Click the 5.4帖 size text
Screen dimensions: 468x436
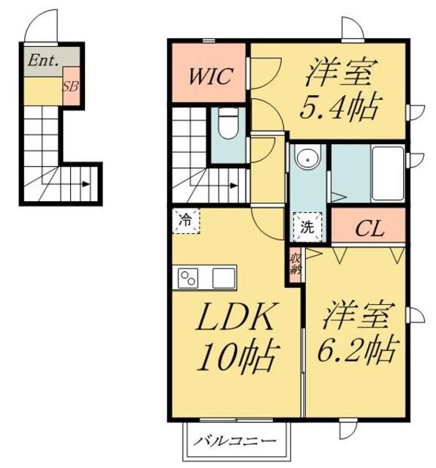pos(340,109)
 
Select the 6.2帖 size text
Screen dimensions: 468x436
pos(358,350)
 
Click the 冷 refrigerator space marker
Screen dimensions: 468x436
pos(187,219)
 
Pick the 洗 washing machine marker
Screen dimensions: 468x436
pos(307,226)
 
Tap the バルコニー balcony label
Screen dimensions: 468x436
pos(235,442)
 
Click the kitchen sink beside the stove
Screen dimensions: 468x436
pos(224,279)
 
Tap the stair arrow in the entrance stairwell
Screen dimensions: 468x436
pos(86,185)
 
